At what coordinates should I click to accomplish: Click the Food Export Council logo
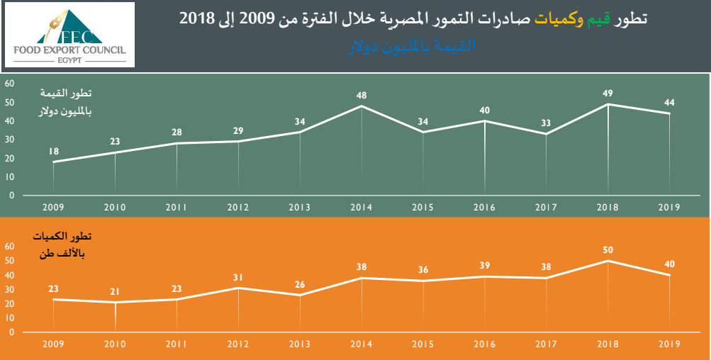coord(69,35)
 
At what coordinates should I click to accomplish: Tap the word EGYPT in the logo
coord(69,60)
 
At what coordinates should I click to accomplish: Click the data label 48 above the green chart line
coord(362,95)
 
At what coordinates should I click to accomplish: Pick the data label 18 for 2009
coord(54,151)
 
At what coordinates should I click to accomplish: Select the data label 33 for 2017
coord(547,123)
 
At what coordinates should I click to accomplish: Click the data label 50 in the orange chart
coord(608,249)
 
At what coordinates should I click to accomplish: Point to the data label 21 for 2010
coord(115,292)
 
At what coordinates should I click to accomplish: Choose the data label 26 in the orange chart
coord(300,285)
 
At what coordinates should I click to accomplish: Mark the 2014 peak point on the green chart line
coord(362,106)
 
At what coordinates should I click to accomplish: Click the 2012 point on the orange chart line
coord(238,288)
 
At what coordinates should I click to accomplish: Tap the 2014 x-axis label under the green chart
coord(362,208)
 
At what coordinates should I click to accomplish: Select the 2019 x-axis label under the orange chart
coord(668,344)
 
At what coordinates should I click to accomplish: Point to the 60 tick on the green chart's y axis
coord(10,84)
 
